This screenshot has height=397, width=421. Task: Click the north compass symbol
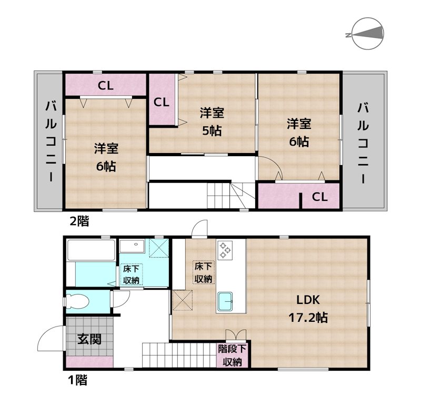tap(366, 35)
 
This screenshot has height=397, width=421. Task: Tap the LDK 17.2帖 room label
tap(308, 309)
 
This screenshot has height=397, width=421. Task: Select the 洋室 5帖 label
tap(211, 121)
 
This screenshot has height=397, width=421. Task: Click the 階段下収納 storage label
tap(232, 355)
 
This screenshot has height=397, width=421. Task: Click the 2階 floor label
tap(79, 221)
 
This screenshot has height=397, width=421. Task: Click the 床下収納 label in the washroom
tap(131, 274)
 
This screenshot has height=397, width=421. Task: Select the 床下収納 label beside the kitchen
tap(203, 272)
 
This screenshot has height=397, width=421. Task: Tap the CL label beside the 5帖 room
tap(162, 102)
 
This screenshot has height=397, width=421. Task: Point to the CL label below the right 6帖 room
tap(320, 197)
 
